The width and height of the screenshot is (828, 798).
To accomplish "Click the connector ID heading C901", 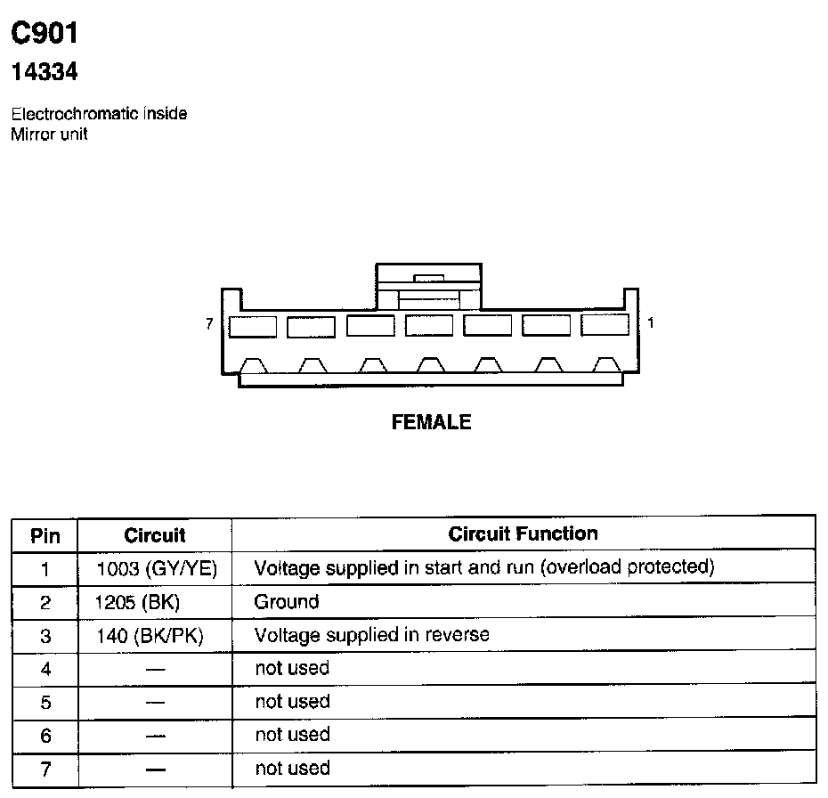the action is pos(45,34).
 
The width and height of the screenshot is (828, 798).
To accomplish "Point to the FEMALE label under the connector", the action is pos(431,423).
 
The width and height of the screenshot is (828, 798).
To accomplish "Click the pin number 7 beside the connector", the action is pos(209,324).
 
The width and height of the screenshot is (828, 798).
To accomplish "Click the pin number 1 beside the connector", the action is pos(651,323).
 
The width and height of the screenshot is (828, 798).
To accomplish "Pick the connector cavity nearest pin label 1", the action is pos(605,326).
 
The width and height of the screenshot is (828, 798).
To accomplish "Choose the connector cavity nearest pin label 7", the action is pos(253,327).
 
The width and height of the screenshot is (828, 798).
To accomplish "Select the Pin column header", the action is pos(45,535).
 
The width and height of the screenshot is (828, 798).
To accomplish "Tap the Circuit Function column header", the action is pos(523,534).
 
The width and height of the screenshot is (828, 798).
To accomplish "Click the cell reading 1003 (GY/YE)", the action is pos(157,568).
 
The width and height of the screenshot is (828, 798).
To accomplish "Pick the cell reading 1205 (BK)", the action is pos(138,602).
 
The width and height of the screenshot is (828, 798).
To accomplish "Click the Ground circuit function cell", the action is pos(286,602).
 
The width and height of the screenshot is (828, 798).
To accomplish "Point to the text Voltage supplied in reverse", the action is pos(371,635).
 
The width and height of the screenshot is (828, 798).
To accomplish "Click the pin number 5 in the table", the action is pos(45,703).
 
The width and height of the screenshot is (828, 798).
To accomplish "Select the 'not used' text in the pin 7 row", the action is pos(292,768).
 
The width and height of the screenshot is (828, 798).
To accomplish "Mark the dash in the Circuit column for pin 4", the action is pos(155,669).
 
